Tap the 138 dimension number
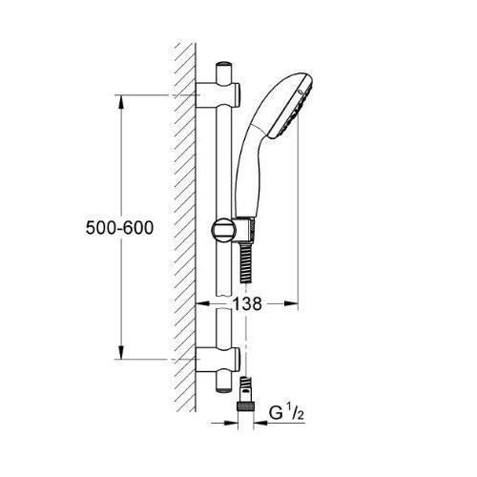pos(247,304)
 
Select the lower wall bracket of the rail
pos(217,360)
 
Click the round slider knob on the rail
pos(218,232)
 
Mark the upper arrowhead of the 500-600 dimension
pos(121,100)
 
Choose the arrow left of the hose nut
pos(230,412)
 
